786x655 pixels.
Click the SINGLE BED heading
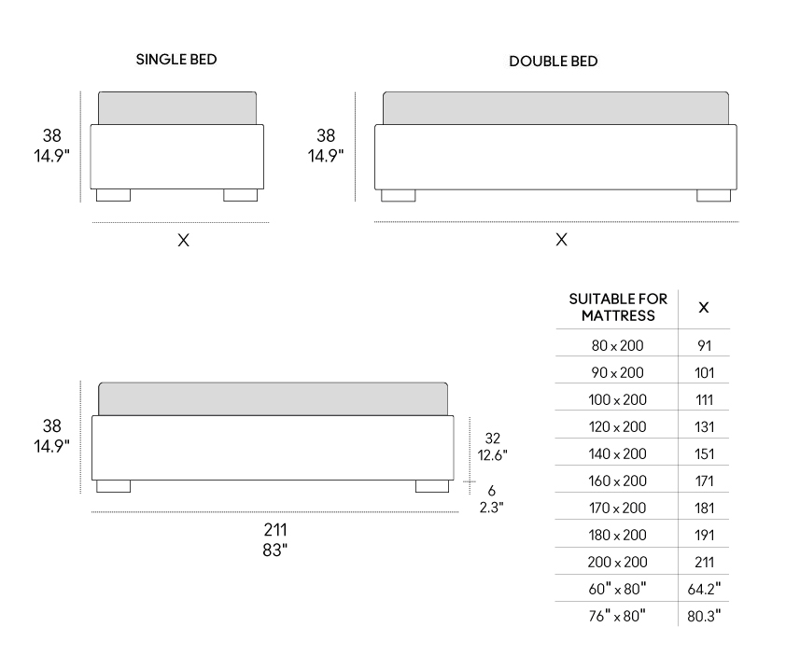[176, 59]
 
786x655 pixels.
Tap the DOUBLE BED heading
[554, 62]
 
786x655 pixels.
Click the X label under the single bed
[184, 241]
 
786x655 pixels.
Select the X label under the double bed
[561, 240]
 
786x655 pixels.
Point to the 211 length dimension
[275, 530]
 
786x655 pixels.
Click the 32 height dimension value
[492, 439]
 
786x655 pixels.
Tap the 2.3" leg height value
[491, 508]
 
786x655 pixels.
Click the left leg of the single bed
[113, 195]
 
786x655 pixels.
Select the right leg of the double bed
[713, 195]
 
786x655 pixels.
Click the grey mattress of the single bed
[177, 107]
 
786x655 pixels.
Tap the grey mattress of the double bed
[556, 107]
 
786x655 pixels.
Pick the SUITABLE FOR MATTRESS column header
[618, 307]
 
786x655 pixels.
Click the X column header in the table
[704, 307]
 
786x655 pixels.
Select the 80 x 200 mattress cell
[618, 346]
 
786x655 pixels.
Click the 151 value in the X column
[704, 454]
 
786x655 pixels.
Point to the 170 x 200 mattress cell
[618, 509]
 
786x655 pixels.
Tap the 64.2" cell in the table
[704, 589]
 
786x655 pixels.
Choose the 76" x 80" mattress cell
[618, 616]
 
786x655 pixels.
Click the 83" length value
[275, 550]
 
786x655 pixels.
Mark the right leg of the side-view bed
[432, 486]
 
